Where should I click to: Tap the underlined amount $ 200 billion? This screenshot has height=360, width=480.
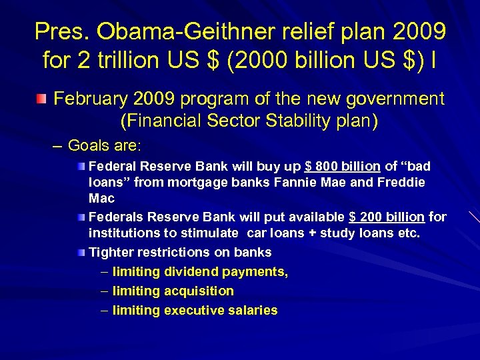coord(387,217)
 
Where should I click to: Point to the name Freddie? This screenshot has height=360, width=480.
coord(402,182)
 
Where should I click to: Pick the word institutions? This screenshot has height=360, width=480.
coord(121,233)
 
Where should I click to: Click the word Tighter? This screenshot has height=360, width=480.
coord(110,253)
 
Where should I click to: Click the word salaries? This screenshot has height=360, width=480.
coord(253,311)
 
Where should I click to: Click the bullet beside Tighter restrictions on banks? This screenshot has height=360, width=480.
coord(81,253)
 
